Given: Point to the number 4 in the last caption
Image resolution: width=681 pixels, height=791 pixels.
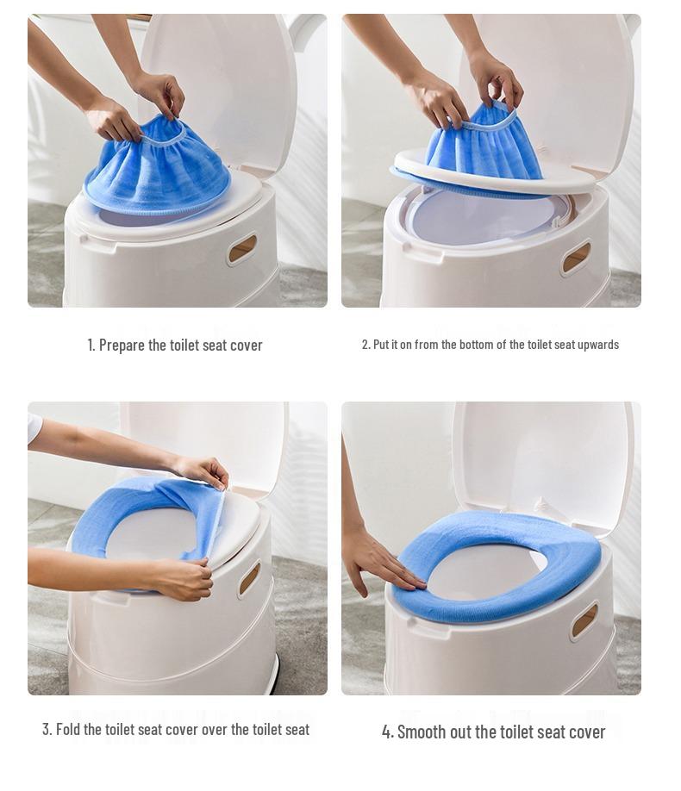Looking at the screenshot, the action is click(387, 732).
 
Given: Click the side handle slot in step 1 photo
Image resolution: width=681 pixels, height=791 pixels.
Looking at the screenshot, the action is click(242, 249).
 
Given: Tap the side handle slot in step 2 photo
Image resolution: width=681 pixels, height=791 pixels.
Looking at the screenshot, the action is click(576, 258).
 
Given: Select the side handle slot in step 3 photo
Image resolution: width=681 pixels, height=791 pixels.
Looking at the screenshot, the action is click(249, 578).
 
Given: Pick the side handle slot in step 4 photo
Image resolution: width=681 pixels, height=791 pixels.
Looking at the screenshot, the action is click(584, 620).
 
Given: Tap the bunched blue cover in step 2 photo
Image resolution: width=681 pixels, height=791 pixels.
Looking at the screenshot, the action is click(484, 146).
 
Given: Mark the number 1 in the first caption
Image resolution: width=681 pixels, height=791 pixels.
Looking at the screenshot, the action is click(91, 346).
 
